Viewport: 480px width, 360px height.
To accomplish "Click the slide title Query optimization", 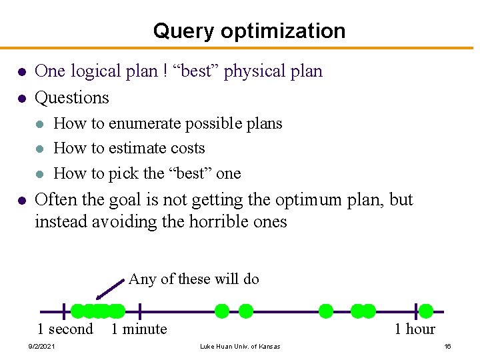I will tap(249, 31).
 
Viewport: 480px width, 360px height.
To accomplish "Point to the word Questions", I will tap(71, 97).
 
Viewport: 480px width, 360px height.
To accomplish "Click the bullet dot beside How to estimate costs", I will tap(40, 149).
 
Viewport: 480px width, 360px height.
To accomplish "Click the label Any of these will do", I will tap(193, 279).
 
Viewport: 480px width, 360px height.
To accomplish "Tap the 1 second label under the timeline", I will tap(65, 329).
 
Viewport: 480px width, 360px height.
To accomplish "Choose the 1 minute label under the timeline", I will tap(139, 329).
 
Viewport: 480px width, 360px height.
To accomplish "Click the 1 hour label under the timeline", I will tap(414, 329).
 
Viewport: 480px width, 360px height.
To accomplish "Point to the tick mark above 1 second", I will tap(64, 311).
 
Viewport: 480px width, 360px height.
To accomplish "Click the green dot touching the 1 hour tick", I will tap(425, 311).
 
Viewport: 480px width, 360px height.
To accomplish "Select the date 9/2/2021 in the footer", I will tap(41, 346).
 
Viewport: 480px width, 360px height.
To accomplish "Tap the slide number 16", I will tap(448, 346).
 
